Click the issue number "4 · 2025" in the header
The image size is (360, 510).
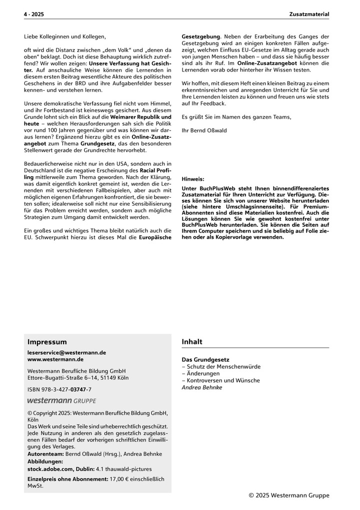[x=34, y=15]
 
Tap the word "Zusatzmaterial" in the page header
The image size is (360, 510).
[x=309, y=15]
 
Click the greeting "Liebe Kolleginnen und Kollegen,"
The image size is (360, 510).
[x=65, y=37]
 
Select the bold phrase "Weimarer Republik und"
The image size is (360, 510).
[x=140, y=116]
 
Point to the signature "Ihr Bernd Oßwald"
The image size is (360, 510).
[x=204, y=130]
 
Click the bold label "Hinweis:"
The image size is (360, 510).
[x=193, y=179]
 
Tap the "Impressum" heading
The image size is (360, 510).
[x=47, y=342]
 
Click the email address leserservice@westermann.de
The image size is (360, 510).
[x=66, y=352]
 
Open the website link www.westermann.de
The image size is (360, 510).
[x=55, y=359]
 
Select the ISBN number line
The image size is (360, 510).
[x=59, y=389]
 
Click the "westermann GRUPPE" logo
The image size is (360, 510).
[x=61, y=400]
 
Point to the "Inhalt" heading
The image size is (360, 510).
[x=192, y=342]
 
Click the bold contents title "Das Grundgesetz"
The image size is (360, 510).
[x=205, y=359]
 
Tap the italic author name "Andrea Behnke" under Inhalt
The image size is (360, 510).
[x=202, y=387]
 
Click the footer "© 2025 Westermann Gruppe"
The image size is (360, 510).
[x=289, y=495]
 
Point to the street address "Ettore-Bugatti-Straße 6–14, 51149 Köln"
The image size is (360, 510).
[x=78, y=378]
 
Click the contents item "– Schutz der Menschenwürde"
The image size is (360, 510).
[x=221, y=366]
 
